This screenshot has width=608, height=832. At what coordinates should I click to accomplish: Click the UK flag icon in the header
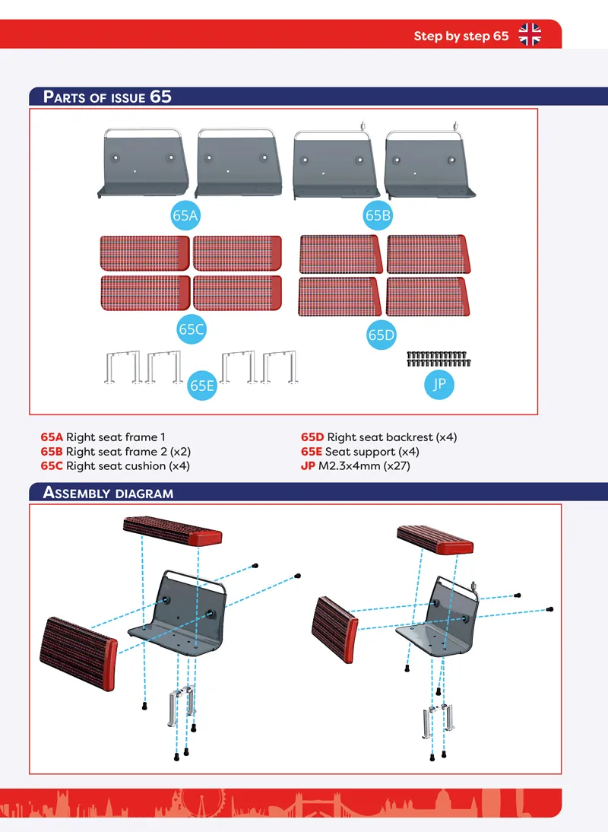[530, 35]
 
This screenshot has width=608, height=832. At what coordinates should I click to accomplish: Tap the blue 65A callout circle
[185, 215]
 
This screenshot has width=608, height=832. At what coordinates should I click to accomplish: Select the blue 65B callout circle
[378, 215]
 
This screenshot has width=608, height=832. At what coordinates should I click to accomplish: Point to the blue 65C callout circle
[192, 329]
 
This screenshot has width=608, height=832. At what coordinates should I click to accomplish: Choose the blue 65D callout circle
[381, 335]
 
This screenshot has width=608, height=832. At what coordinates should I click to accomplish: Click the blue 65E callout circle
[202, 386]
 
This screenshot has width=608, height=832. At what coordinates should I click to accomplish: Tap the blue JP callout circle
[439, 384]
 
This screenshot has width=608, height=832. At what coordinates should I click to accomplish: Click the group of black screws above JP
[439, 359]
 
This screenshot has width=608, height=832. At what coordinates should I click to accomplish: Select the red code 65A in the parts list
[52, 437]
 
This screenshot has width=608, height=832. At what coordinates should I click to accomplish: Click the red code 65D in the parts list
[312, 437]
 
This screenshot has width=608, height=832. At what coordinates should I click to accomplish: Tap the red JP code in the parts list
[308, 466]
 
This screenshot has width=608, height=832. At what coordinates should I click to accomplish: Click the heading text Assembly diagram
[108, 493]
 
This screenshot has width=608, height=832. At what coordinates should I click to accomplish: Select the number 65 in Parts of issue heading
[160, 97]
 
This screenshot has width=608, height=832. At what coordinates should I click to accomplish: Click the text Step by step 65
[461, 36]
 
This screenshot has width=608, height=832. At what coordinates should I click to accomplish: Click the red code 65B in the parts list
[52, 452]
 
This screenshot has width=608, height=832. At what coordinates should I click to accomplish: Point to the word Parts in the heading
[64, 97]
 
